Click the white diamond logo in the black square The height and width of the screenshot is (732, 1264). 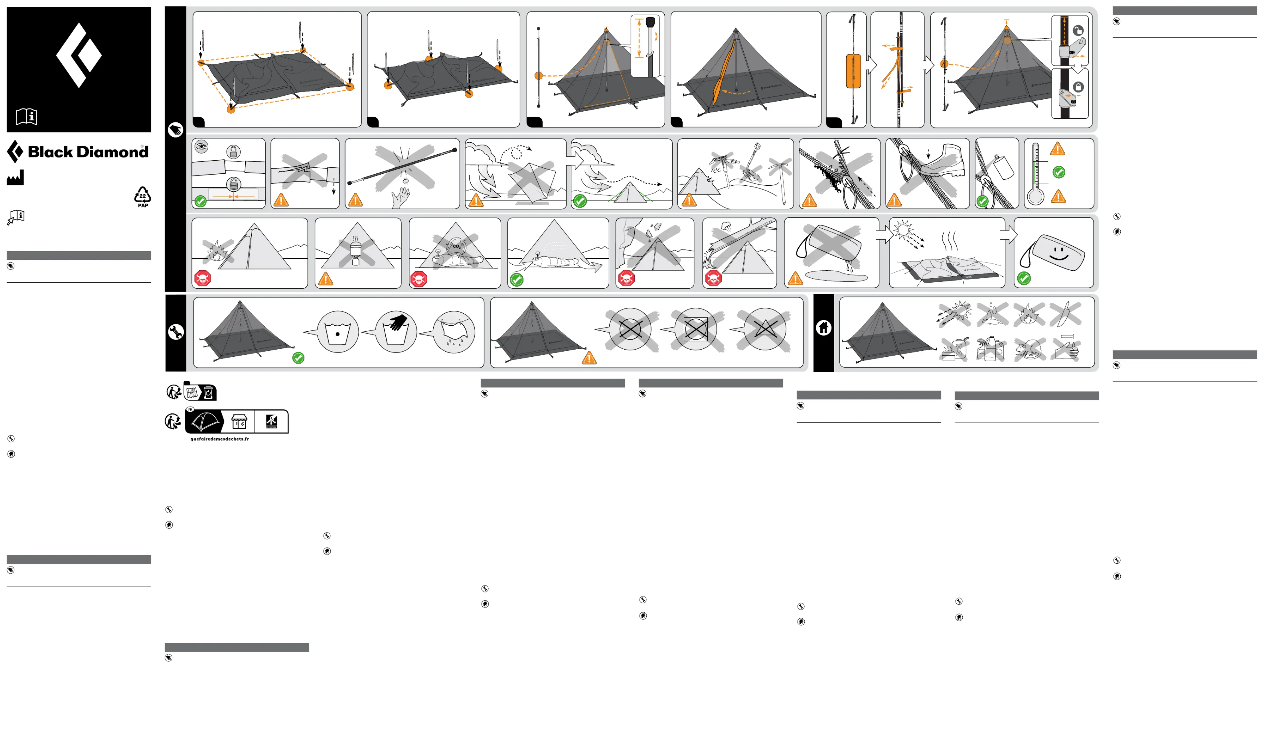[79, 55]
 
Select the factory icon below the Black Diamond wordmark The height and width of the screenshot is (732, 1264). [15, 178]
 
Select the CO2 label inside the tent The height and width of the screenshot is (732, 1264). [456, 246]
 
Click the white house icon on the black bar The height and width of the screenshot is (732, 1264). [824, 328]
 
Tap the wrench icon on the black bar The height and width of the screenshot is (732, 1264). [176, 331]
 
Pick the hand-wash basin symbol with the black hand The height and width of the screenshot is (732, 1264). [396, 331]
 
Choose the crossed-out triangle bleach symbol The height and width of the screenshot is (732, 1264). [765, 330]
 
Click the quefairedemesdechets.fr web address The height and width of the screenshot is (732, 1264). [220, 439]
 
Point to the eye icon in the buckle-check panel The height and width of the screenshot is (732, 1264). [201, 147]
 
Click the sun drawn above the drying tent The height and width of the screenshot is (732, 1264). [903, 230]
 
